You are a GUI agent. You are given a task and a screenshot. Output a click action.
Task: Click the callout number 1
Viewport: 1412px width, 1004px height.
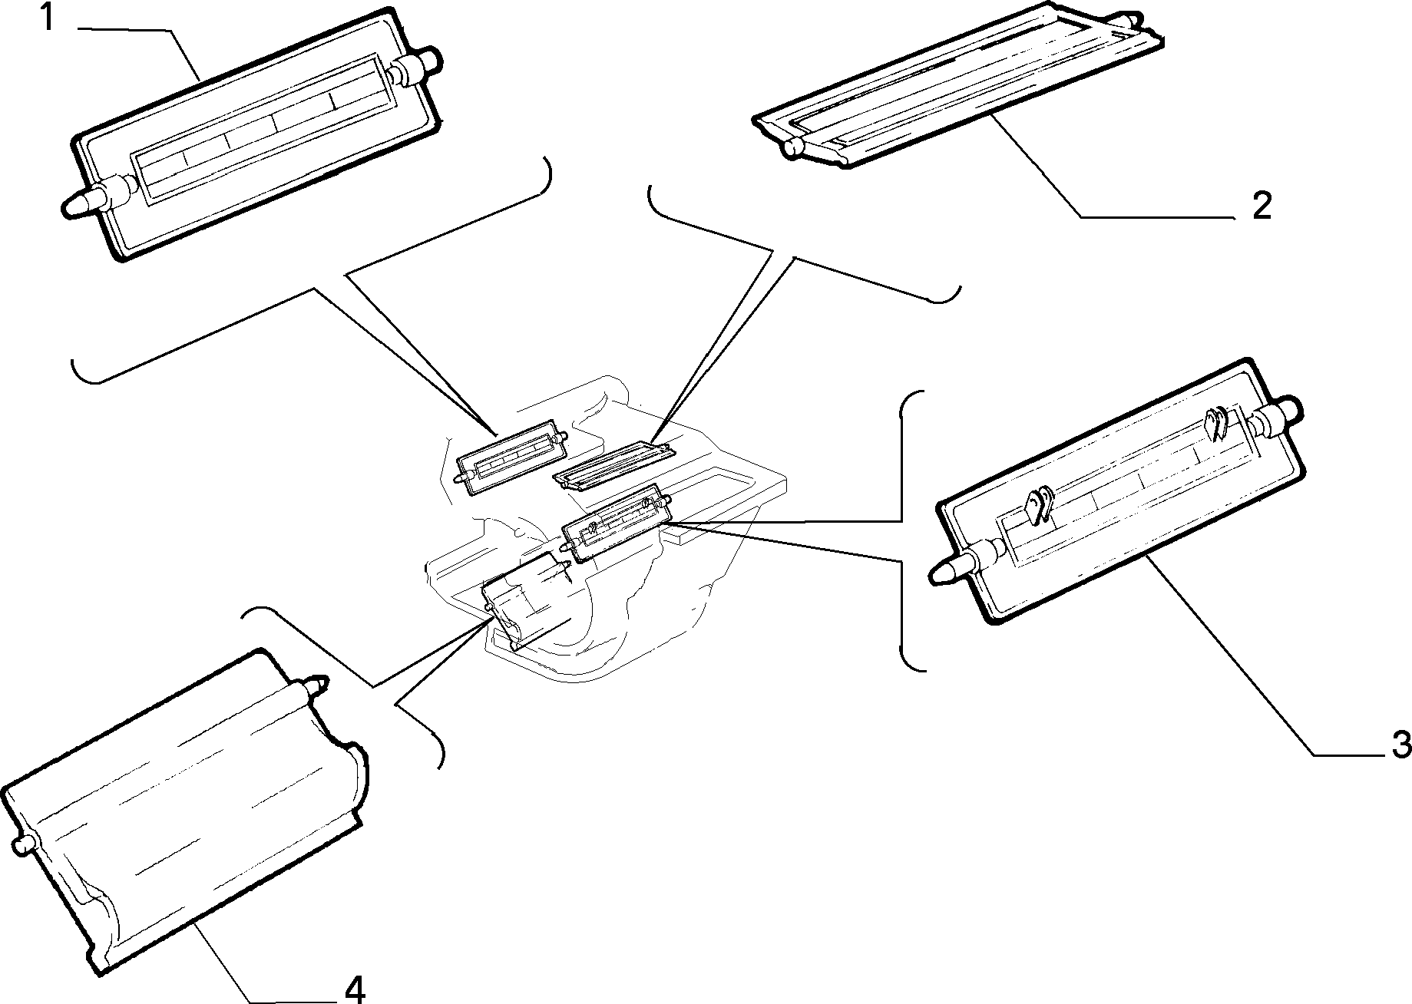coord(47,16)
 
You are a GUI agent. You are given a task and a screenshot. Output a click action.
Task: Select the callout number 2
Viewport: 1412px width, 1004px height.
coord(1262,206)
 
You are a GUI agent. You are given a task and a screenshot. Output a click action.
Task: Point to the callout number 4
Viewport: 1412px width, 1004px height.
coord(354,989)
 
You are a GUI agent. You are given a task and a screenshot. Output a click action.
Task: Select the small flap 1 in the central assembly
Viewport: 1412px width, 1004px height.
coord(511,459)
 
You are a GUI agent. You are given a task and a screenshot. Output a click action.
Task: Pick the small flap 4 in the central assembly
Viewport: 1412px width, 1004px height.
coord(527,602)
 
